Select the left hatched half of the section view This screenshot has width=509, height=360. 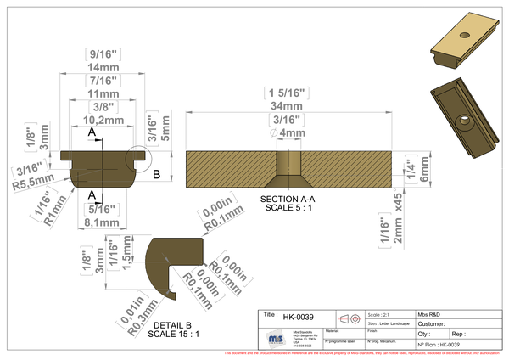click(231, 168)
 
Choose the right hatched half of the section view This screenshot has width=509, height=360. click(348, 168)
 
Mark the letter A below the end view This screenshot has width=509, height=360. click(91, 194)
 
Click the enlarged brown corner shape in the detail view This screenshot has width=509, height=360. click(174, 259)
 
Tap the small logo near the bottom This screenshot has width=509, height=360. click(276, 338)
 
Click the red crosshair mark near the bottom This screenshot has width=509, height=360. click(351, 319)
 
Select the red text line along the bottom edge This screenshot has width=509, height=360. click(365, 351)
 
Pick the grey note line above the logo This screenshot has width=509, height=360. click(382, 310)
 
